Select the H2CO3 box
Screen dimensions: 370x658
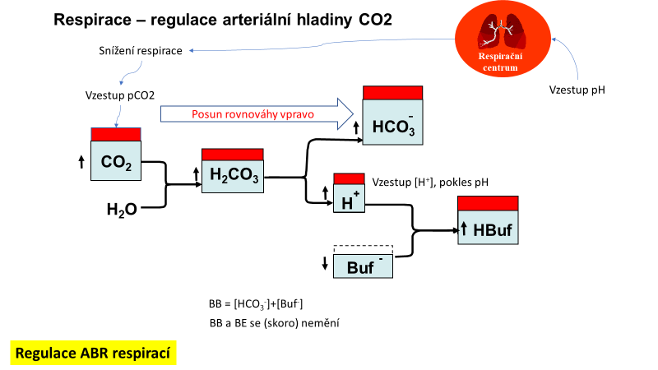[232, 172]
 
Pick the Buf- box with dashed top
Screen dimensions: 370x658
[363, 262]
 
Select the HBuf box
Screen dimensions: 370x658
[489, 224]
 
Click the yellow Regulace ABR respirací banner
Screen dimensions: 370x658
[93, 354]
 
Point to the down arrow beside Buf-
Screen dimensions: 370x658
[325, 263]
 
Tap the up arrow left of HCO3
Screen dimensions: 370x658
[355, 127]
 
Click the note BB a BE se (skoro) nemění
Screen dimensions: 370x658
[275, 322]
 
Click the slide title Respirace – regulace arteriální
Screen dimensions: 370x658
[222, 19]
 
